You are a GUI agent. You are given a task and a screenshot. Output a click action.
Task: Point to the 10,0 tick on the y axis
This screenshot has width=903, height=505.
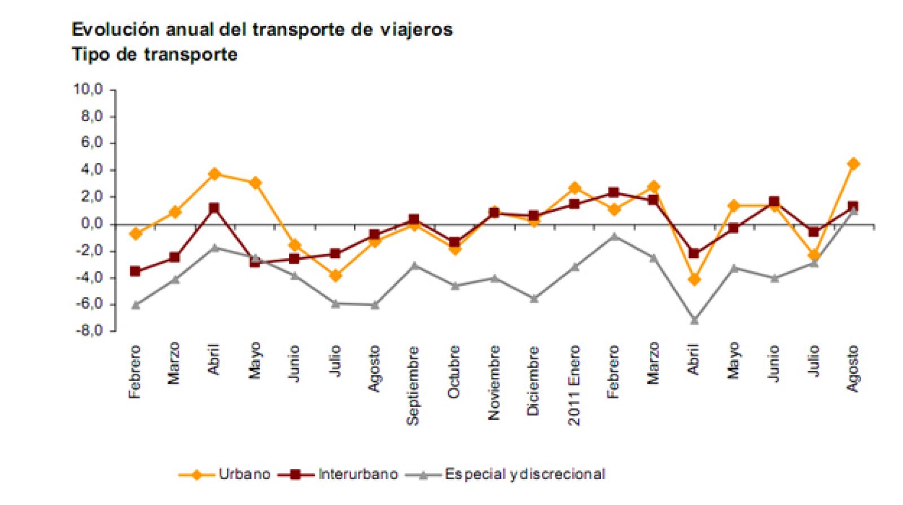pyautogui.click(x=88, y=90)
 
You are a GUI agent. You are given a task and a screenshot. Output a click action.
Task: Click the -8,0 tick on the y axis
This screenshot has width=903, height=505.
pyautogui.click(x=89, y=330)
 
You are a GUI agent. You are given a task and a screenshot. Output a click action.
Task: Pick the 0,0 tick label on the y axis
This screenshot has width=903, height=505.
pyautogui.click(x=91, y=224)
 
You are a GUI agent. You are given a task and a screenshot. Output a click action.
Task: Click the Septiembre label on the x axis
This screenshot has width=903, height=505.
pyautogui.click(x=413, y=386)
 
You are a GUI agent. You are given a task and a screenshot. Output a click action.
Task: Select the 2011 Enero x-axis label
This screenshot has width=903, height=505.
pyautogui.click(x=574, y=386)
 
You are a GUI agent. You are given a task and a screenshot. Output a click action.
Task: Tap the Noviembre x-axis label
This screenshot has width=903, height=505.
pyautogui.click(x=494, y=383)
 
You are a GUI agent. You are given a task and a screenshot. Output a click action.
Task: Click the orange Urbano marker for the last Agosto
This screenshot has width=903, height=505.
pyautogui.click(x=853, y=164)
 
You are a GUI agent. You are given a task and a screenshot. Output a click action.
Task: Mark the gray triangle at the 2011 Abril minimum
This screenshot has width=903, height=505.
pyautogui.click(x=694, y=320)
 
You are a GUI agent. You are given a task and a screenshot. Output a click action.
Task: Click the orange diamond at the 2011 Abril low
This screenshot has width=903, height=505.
pyautogui.click(x=694, y=280)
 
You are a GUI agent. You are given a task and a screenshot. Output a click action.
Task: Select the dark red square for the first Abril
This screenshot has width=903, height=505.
pyautogui.click(x=214, y=209)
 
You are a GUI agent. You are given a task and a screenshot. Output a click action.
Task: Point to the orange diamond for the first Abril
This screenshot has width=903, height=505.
pyautogui.click(x=214, y=174)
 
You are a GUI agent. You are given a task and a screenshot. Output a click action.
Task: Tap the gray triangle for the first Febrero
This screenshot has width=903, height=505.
pyautogui.click(x=135, y=305)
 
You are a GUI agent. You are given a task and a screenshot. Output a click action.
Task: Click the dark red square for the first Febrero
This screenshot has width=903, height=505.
pyautogui.click(x=135, y=272)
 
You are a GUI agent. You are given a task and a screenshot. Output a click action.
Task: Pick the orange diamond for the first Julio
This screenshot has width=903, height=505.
pyautogui.click(x=335, y=276)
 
